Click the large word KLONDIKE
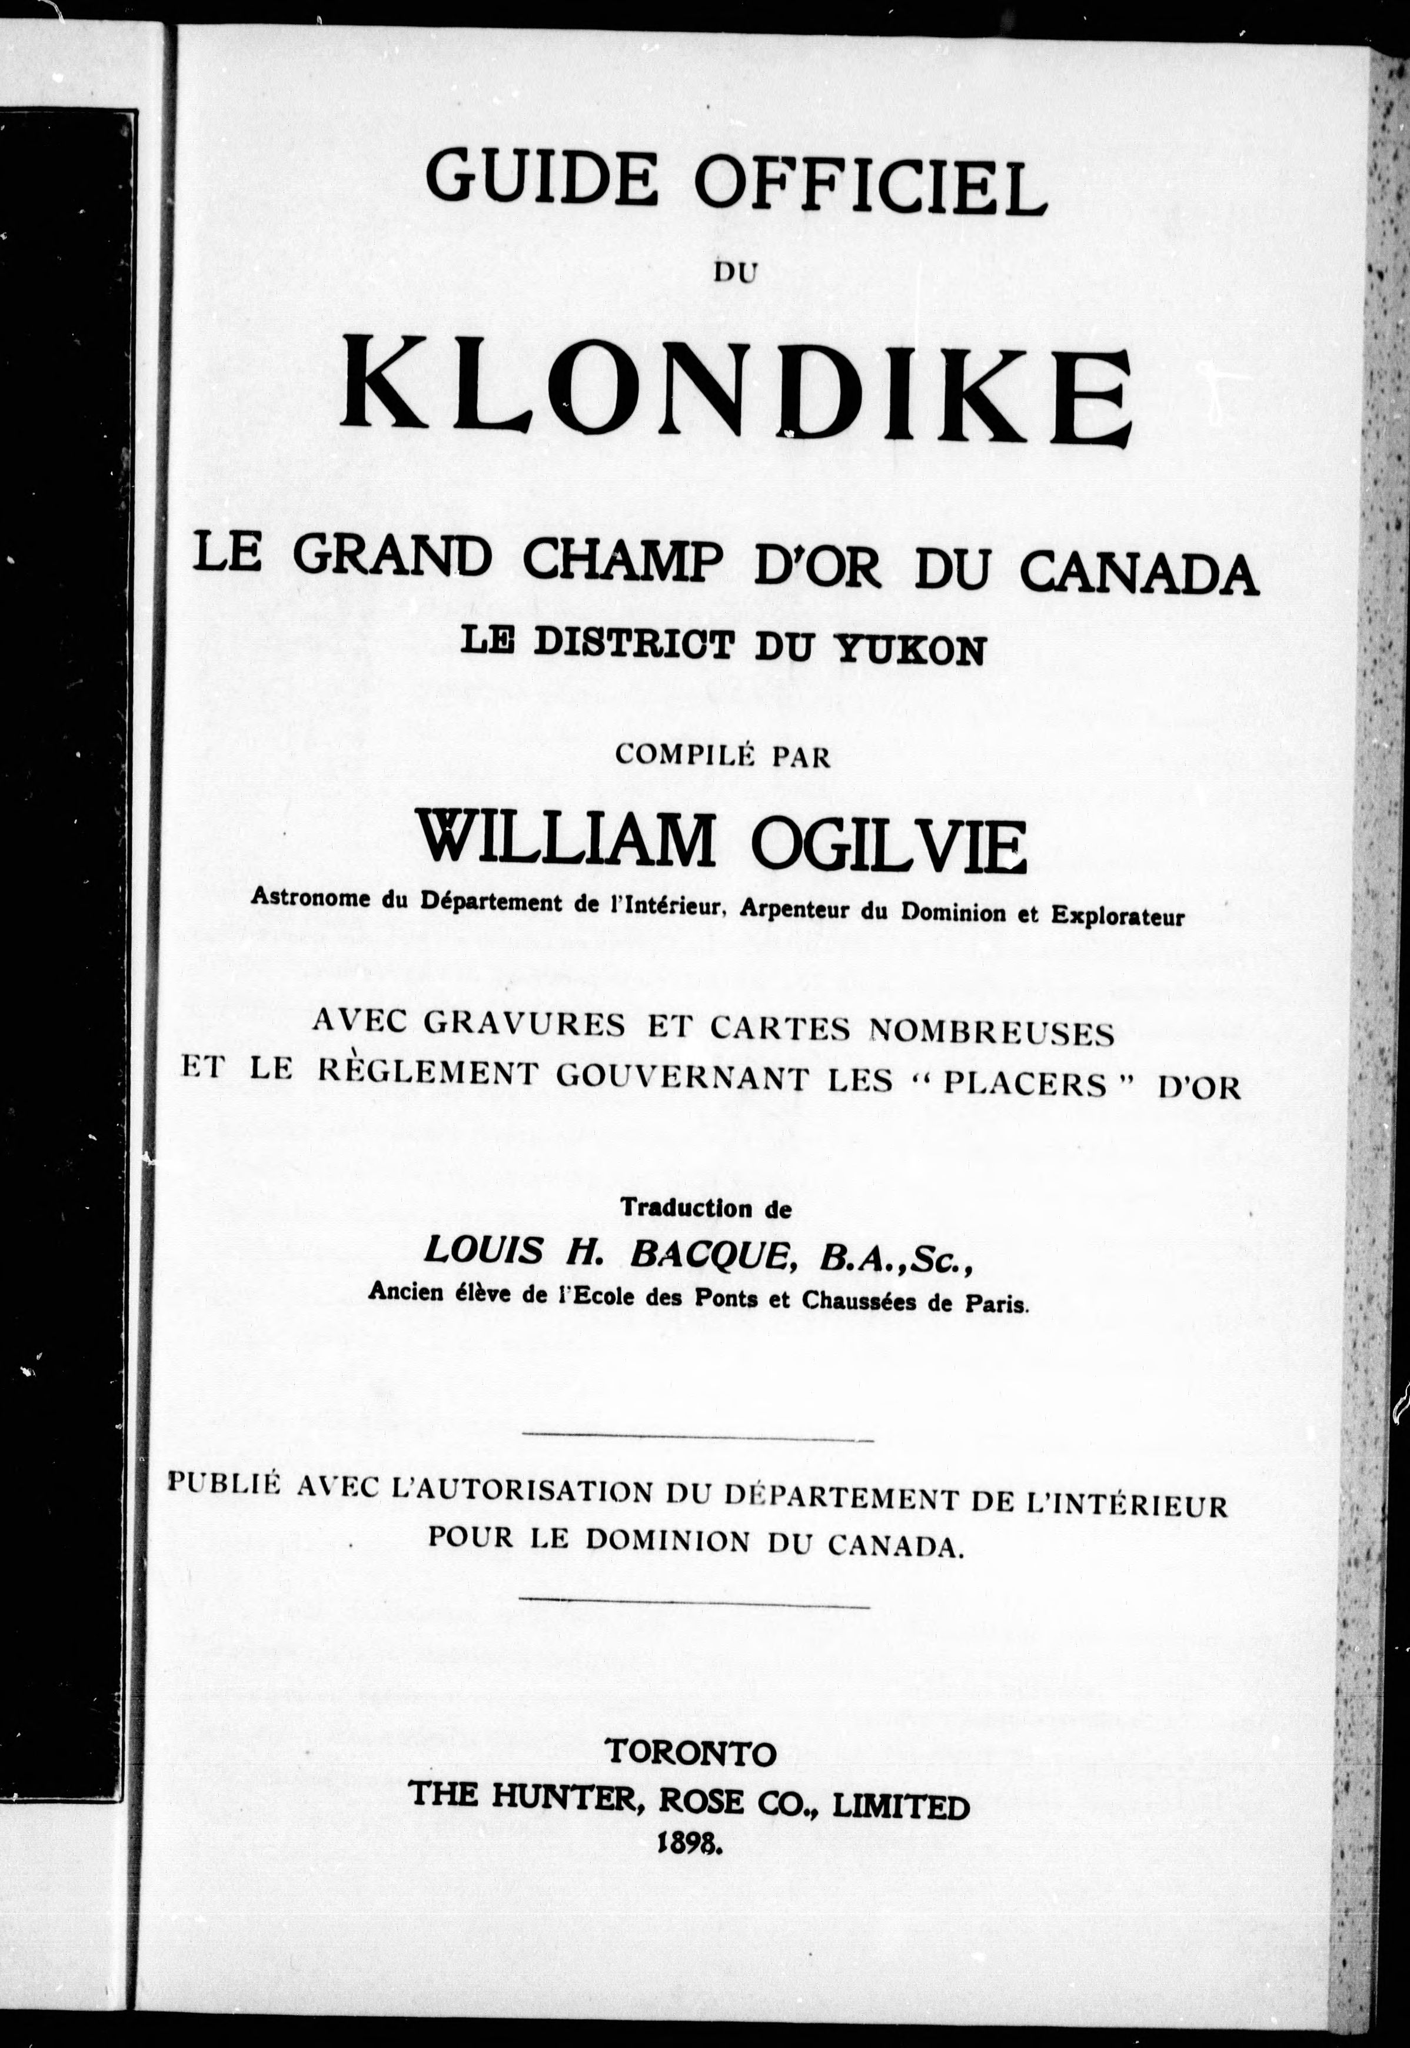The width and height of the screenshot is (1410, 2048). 737,390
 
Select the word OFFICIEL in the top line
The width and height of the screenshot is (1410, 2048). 869,183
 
